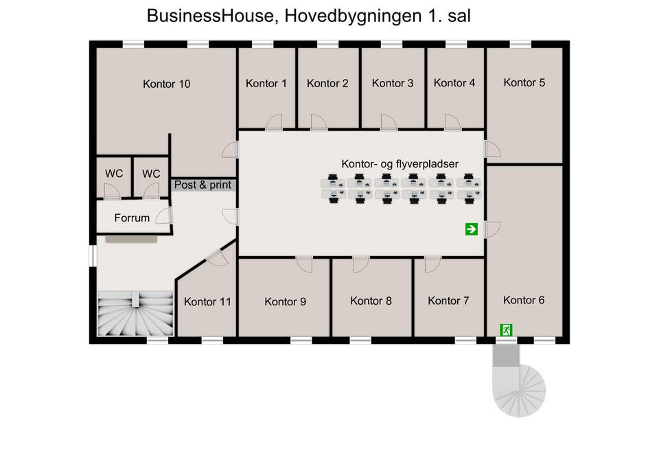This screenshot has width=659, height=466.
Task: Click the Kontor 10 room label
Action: pos(166,84)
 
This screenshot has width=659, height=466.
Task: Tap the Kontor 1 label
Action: pos(266,83)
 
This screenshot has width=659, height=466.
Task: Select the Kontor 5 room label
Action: pos(524,82)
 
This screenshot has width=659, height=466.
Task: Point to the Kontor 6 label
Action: pos(524,300)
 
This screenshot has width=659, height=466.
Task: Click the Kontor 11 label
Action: pos(207,302)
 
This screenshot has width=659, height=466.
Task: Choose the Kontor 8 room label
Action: pos(371,301)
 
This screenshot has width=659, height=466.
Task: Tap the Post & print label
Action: pos(203,185)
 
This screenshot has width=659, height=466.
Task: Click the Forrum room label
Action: pos(132,218)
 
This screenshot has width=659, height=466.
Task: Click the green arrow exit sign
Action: pos(472,229)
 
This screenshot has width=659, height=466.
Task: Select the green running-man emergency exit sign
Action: pos(506,330)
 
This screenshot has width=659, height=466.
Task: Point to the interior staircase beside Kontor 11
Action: pos(136,314)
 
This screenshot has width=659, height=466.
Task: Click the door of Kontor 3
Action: pos(389,122)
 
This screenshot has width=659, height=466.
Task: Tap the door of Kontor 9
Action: pos(304,265)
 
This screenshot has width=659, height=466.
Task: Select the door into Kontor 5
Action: pos(493,149)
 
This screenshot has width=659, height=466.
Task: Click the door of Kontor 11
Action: pos(218,257)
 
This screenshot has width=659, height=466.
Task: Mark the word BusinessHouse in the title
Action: pos(211,16)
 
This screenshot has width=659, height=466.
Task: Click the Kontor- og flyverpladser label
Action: pos(400,164)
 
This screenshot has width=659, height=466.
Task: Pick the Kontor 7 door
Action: pos(432,265)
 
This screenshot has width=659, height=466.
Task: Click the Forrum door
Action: pos(164,216)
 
